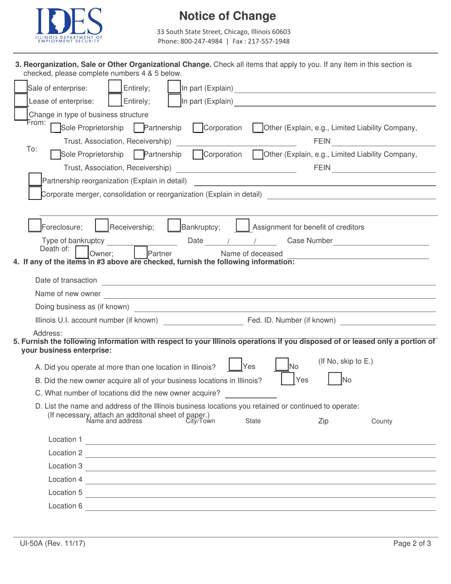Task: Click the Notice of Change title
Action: coord(227,16)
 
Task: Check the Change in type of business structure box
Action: coord(20,114)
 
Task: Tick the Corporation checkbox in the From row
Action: coord(198,128)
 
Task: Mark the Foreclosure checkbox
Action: coord(35,226)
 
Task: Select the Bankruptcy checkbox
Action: coord(174,226)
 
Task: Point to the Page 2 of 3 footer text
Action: coord(412,545)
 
